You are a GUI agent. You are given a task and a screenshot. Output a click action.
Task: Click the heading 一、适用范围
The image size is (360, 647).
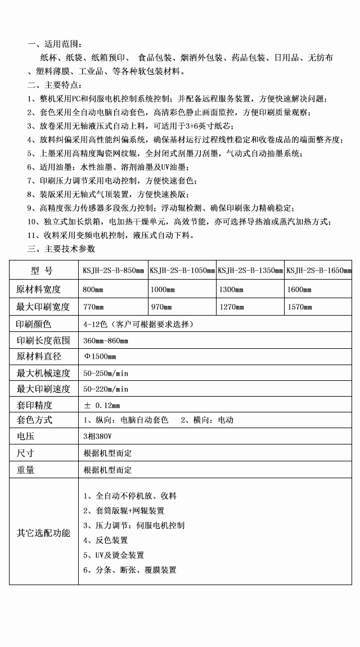point(55,44)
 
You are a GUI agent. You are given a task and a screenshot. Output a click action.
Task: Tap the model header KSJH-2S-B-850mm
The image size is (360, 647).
point(113,271)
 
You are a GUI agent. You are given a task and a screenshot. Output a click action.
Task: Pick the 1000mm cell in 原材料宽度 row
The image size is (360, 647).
point(161,290)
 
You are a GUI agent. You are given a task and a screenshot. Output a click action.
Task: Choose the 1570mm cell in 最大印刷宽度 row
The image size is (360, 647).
point(299,307)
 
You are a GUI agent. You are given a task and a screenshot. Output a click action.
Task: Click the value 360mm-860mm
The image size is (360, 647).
point(106,341)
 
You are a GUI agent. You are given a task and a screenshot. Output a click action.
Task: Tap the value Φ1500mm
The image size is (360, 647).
point(100,357)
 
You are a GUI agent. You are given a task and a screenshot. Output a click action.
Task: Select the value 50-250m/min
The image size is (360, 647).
point(106,373)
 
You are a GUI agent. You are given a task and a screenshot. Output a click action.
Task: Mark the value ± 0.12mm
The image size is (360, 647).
point(102,405)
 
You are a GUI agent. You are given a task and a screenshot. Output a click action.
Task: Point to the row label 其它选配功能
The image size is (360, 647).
point(43,532)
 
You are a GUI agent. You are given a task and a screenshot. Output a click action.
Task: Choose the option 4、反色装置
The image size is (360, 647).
point(105,540)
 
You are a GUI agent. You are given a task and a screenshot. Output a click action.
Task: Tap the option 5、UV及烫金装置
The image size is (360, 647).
point(113,555)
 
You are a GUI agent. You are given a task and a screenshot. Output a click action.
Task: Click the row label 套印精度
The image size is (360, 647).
point(34,405)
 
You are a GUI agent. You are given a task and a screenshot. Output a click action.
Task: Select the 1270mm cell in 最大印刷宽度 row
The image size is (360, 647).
point(231,307)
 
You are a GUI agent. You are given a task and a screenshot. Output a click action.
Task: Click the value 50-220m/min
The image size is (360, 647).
point(106,389)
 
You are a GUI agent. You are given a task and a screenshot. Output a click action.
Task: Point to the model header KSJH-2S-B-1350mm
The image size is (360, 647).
point(250,271)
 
